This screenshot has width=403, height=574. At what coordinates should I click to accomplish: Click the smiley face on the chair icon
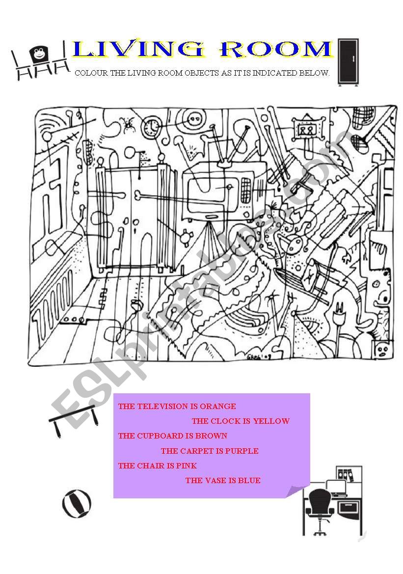click(38, 53)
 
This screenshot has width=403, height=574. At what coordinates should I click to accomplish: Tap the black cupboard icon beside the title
click(349, 62)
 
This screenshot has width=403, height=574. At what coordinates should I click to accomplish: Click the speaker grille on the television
click(246, 187)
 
